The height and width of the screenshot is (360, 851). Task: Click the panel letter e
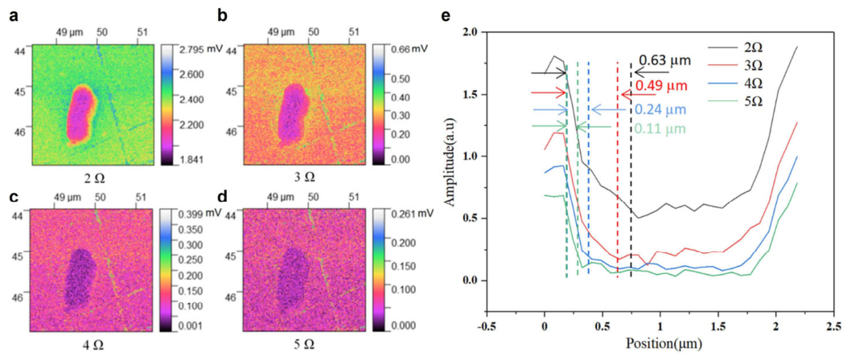[446, 15]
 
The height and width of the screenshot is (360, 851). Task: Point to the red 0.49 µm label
[661, 86]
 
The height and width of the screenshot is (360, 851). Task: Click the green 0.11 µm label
[660, 129]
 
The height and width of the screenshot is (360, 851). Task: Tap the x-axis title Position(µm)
[660, 343]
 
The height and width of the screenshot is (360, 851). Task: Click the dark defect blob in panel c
[80, 278]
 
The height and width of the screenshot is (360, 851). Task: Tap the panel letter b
[222, 15]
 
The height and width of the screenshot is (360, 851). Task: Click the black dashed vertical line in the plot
[631, 170]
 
